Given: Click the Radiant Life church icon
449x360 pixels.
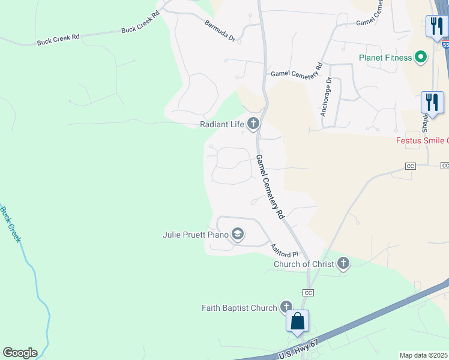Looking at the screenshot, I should [x=253, y=124].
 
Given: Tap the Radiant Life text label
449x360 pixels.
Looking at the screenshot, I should [x=223, y=125].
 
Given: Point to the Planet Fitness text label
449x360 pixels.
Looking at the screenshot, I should [x=385, y=58].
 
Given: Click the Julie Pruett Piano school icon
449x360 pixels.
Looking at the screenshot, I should [x=238, y=234].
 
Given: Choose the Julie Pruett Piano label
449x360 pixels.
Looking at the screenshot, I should [x=196, y=235].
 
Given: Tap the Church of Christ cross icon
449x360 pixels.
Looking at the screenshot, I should [x=343, y=263].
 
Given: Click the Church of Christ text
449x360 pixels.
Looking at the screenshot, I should [x=304, y=264].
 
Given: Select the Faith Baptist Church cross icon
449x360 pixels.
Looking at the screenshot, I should [x=286, y=307].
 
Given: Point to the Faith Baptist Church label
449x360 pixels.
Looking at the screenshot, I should [x=239, y=308].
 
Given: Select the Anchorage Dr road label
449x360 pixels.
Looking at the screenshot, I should [x=325, y=96].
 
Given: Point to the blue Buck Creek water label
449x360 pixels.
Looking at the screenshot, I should [x=10, y=224].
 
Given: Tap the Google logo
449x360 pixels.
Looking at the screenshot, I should [x=20, y=353].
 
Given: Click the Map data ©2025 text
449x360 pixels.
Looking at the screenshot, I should [x=423, y=355].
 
